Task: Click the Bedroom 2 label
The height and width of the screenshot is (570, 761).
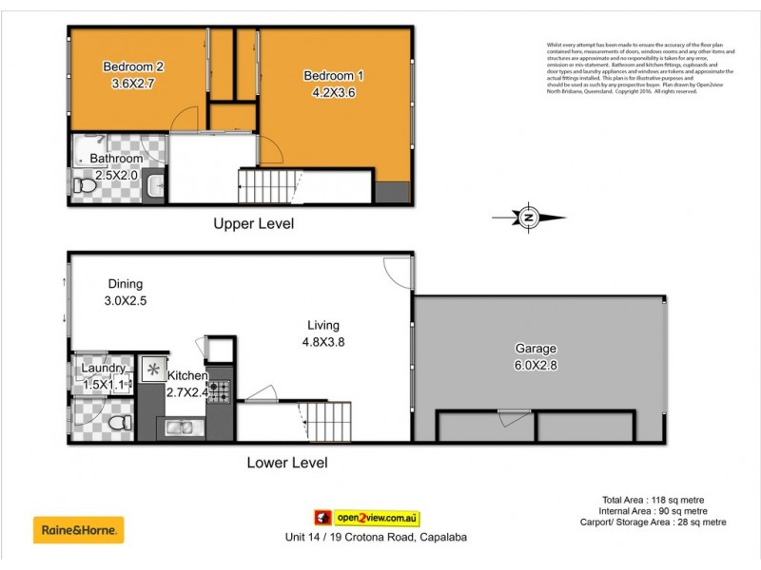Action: pyautogui.click(x=133, y=66)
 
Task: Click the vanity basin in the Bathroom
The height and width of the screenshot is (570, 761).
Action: pyautogui.click(x=156, y=186)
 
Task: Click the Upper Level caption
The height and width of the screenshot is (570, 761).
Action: pyautogui.click(x=253, y=224)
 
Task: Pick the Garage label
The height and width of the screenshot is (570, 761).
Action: pyautogui.click(x=537, y=349)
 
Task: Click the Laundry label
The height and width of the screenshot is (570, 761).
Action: pyautogui.click(x=102, y=369)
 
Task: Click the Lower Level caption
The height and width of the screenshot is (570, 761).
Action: pyautogui.click(x=286, y=464)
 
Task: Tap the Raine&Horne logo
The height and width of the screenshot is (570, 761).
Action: pyautogui.click(x=79, y=529)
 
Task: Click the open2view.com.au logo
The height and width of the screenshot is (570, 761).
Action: pyautogui.click(x=367, y=519)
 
